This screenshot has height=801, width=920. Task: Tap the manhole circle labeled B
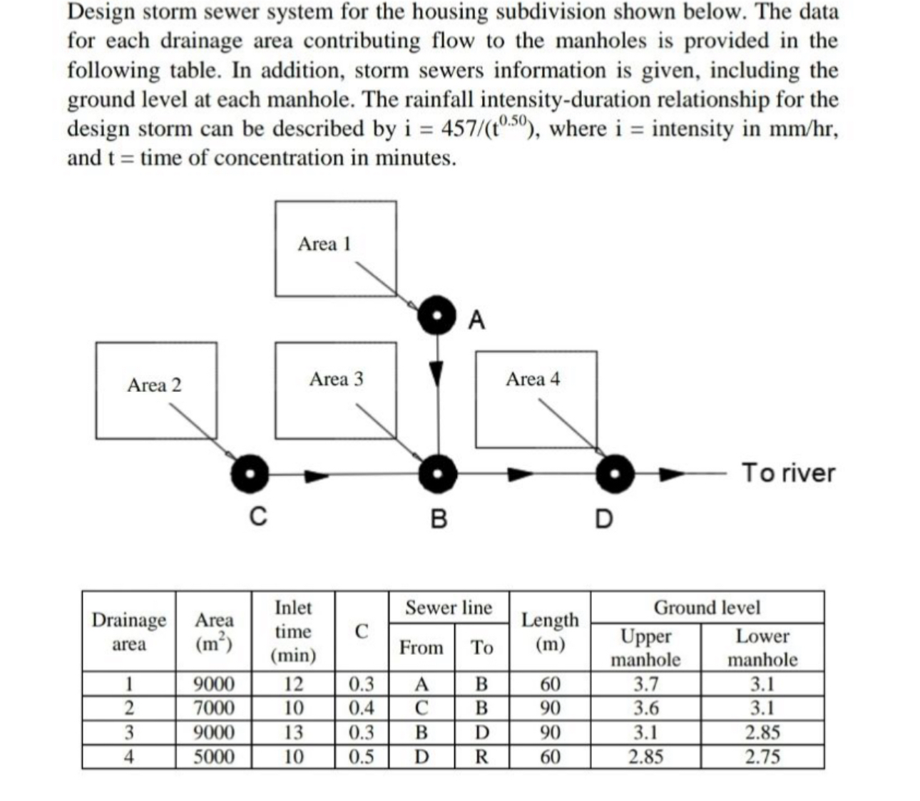pyautogui.click(x=437, y=473)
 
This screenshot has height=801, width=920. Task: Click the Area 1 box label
pyautogui.click(x=324, y=244)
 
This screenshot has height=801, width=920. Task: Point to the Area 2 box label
pyautogui.click(x=154, y=386)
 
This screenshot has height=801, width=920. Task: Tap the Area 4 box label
pyautogui.click(x=533, y=379)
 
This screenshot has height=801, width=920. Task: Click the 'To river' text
pyautogui.click(x=788, y=472)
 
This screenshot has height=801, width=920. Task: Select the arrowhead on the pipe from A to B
pyautogui.click(x=437, y=373)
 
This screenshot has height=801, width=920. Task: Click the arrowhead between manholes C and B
pyautogui.click(x=316, y=474)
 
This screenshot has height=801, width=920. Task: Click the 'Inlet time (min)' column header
pyautogui.click(x=293, y=631)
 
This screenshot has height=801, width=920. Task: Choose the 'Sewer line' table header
pyautogui.click(x=449, y=608)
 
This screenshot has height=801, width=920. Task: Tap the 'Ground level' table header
pyautogui.click(x=707, y=608)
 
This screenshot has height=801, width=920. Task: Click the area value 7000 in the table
pyautogui.click(x=214, y=708)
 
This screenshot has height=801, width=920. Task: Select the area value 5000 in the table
pyautogui.click(x=214, y=756)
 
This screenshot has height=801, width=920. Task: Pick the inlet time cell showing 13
pyautogui.click(x=293, y=733)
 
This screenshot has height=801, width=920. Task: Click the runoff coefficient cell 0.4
pyautogui.click(x=361, y=708)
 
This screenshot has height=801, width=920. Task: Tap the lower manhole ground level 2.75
pyautogui.click(x=762, y=756)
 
